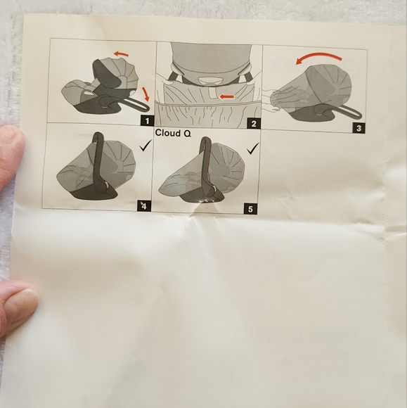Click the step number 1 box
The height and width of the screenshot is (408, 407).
(x=147, y=121)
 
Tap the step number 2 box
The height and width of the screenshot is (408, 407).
(x=254, y=123)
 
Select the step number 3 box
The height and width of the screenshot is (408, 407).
(x=358, y=128)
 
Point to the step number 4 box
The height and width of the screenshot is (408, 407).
(x=144, y=206)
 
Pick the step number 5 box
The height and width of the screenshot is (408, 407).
(x=250, y=209)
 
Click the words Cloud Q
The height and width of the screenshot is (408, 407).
(x=173, y=133)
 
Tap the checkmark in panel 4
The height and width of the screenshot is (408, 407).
(x=146, y=145)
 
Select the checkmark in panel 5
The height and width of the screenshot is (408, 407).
(x=253, y=148)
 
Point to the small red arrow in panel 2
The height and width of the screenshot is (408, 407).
(x=227, y=97)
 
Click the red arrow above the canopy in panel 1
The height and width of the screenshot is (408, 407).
(x=121, y=54)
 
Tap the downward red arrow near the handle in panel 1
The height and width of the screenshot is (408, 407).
(x=146, y=94)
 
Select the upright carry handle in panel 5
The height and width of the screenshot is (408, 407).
(x=207, y=167)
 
